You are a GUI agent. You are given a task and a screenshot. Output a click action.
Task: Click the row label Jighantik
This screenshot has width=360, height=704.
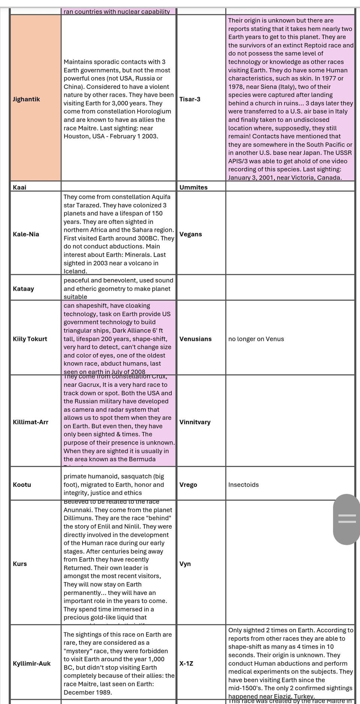pos(26,99)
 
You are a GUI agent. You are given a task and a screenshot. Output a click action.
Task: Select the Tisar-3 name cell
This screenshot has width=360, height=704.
pos(190,99)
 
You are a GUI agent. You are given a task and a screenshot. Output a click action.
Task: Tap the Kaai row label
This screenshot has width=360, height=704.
pos(19,187)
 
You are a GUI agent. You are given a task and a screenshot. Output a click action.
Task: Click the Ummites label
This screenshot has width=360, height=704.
pos(193,187)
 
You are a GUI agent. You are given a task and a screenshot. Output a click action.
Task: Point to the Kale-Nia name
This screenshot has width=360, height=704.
pos(26,234)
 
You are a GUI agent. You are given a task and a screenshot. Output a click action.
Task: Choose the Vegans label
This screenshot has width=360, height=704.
pos(190,234)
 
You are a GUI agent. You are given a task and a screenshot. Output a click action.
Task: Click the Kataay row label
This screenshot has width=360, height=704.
pos(23,288)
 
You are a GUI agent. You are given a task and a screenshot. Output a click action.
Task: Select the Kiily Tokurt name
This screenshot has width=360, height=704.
pos(30,339)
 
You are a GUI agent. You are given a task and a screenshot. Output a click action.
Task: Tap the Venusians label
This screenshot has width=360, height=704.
pos(195,339)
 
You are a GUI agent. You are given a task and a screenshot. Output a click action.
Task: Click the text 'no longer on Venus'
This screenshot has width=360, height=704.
pos(256,339)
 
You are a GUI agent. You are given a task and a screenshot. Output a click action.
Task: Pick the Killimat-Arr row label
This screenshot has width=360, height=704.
pos(30,422)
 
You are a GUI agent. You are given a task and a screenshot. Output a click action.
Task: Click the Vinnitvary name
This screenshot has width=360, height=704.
pos(195,422)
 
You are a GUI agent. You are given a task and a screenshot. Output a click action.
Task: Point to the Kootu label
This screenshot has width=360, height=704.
pos(22,485)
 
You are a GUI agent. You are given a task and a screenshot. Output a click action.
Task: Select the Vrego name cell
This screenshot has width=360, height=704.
pos(188,485)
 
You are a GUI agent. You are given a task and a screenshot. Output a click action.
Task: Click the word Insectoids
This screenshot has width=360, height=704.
pos(243,485)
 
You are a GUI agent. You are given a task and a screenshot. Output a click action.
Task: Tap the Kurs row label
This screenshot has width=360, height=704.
pos(20,564)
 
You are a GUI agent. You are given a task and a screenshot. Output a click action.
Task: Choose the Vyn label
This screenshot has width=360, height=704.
pos(185,564)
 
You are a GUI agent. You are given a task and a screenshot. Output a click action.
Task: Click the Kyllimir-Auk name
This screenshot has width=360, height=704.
pos(31,663)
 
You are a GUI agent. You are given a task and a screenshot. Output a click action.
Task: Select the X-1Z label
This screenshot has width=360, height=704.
pos(186,663)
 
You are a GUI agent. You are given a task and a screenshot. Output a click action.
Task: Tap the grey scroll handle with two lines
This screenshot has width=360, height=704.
pos(347,519)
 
